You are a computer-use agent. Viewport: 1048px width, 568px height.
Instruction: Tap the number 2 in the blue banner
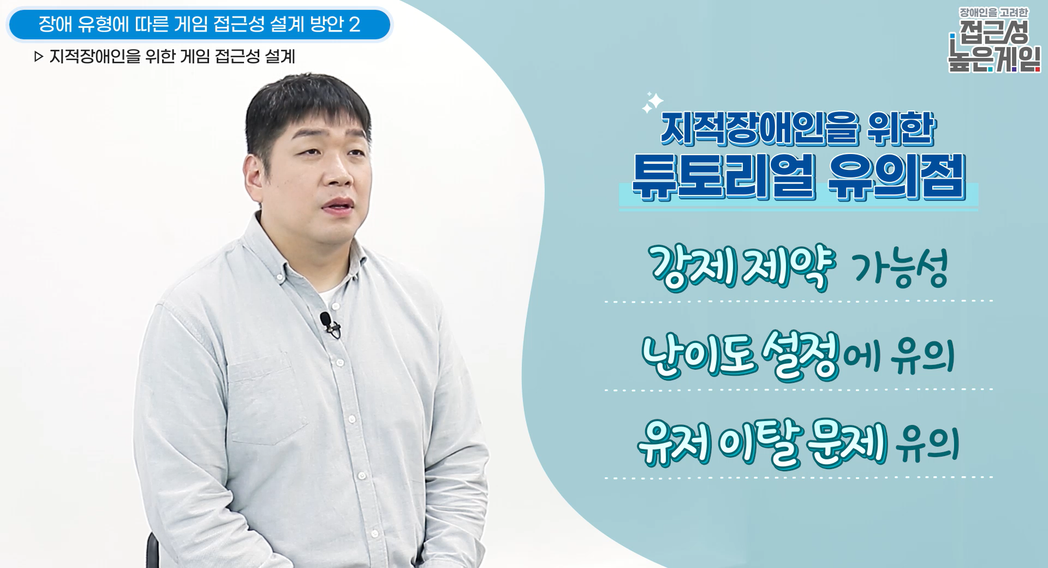point(354,25)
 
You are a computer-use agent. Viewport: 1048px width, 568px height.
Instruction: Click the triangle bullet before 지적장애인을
point(38,57)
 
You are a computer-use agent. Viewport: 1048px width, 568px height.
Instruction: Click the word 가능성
point(900,268)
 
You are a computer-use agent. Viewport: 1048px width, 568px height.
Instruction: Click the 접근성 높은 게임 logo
point(993,40)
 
